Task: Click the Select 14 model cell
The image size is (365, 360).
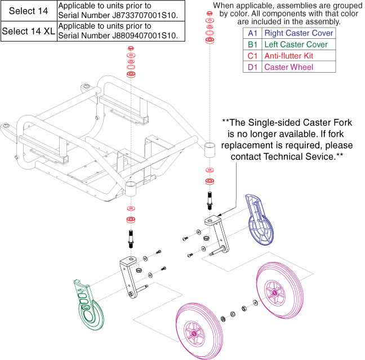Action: pyautogui.click(x=28, y=11)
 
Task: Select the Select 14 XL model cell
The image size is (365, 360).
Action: pyautogui.click(x=28, y=32)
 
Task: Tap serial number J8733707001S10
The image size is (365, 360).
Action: pyautogui.click(x=122, y=15)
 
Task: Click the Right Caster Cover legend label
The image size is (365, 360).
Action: pyautogui.click(x=299, y=33)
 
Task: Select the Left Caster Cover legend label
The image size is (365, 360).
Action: pyautogui.click(x=296, y=44)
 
